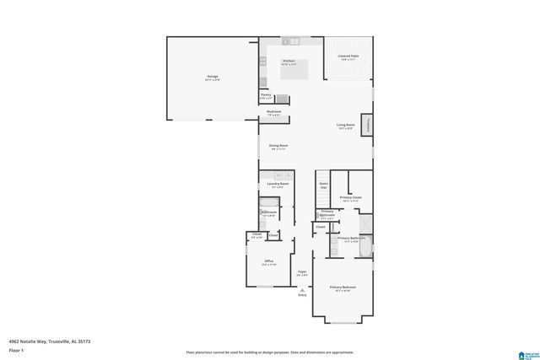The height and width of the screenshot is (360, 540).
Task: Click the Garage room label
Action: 213,78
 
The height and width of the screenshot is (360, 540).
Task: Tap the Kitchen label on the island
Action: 289,62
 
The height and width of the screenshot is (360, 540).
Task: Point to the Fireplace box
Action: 368,124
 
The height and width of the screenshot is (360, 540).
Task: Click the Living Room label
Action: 346,126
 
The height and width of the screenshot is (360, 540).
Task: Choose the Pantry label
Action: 266,96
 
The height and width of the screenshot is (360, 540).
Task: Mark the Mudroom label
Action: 273,112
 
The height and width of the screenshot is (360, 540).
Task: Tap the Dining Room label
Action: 278,147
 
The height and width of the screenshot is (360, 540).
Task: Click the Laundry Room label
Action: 278,185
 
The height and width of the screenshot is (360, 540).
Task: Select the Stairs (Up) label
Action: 323,185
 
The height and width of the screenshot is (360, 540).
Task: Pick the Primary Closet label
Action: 351,198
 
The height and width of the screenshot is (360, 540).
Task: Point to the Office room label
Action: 269,262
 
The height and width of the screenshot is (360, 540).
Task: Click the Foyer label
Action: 301,272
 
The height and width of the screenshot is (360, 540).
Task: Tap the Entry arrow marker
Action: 302,289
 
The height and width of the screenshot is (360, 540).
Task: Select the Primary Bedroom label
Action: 343,288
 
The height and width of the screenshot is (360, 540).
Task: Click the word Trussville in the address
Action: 63,341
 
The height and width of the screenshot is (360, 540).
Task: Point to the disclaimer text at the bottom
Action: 270,352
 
